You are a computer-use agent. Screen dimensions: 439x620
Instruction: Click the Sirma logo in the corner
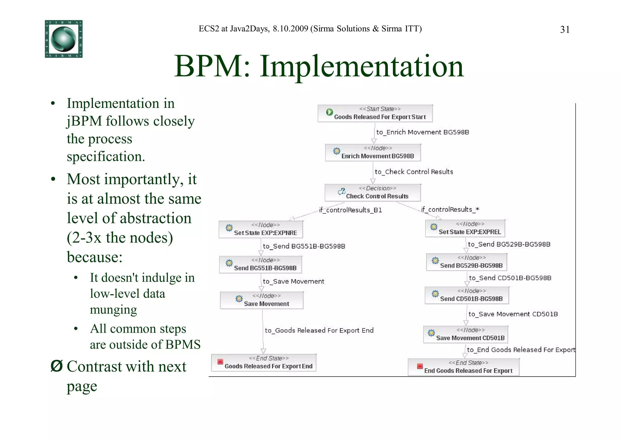[64, 39]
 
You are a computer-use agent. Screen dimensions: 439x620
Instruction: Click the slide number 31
[565, 30]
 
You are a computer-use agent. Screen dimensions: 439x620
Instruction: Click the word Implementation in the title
[361, 66]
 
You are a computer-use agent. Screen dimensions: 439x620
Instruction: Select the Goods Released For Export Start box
[375, 114]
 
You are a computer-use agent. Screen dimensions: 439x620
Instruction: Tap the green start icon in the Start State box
[329, 112]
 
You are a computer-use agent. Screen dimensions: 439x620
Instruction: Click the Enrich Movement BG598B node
[373, 152]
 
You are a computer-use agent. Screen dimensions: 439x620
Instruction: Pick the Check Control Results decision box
[373, 193]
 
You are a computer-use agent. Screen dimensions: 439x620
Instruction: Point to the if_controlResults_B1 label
[350, 210]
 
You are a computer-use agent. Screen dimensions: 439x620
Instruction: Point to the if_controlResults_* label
[450, 209]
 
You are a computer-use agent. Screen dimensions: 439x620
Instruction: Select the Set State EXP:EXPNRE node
[260, 229]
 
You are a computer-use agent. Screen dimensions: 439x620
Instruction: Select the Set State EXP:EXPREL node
[465, 228]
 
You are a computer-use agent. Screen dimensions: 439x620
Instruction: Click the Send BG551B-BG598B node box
[260, 264]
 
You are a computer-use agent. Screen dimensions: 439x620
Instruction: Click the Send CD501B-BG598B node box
[467, 295]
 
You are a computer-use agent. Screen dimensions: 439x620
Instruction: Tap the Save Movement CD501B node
[465, 334]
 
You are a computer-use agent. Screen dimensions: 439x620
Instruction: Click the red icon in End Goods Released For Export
[420, 366]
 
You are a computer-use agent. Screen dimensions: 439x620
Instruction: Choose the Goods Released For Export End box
[263, 363]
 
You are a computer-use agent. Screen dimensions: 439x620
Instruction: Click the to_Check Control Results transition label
[414, 172]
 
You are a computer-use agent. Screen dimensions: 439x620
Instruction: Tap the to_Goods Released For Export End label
[319, 330]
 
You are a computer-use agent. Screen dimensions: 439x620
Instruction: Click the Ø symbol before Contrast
[56, 366]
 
